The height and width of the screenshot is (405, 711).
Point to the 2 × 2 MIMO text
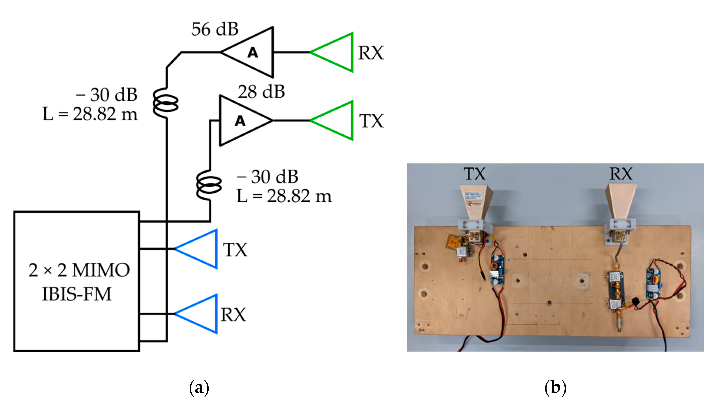(x=79, y=270)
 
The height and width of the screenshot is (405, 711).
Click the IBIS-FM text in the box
(x=77, y=294)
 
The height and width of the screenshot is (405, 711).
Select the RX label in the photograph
(x=621, y=174)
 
